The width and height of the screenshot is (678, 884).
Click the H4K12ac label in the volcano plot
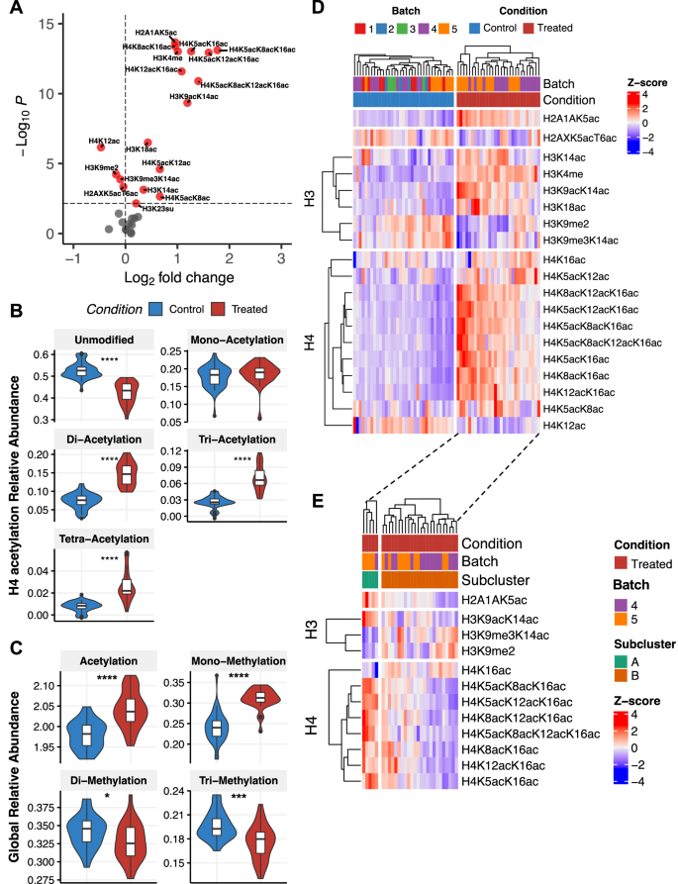104,142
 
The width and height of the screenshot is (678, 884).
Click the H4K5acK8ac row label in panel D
573,408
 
